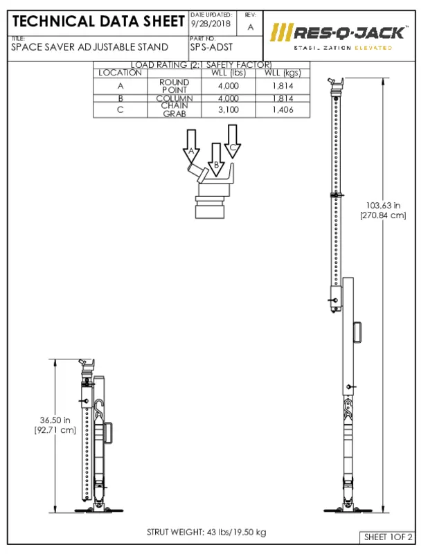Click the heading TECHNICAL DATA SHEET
[x=97, y=21]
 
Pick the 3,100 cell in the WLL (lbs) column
[x=228, y=109]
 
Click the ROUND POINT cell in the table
[x=175, y=85]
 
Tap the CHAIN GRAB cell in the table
[x=175, y=109]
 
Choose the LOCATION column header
[x=120, y=72]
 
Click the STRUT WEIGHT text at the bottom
[x=206, y=532]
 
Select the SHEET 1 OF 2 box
[x=388, y=537]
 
